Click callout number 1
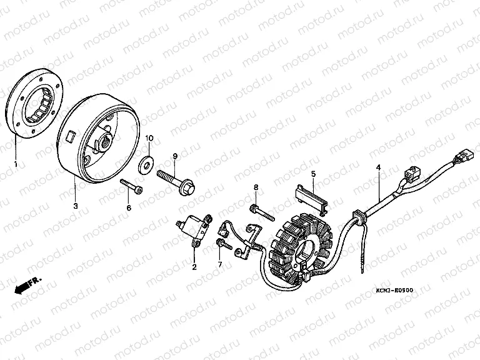click(16, 164)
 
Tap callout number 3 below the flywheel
click(76, 206)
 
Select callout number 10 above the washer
click(149, 138)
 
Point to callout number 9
click(175, 156)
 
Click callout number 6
click(129, 208)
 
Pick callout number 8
click(256, 187)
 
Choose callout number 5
click(313, 174)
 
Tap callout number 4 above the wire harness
click(379, 167)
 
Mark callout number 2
click(194, 267)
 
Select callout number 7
click(220, 265)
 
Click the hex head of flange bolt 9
click(188, 187)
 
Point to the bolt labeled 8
click(263, 212)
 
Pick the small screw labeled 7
click(224, 244)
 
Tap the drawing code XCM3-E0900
click(394, 290)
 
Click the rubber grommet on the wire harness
click(359, 216)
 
